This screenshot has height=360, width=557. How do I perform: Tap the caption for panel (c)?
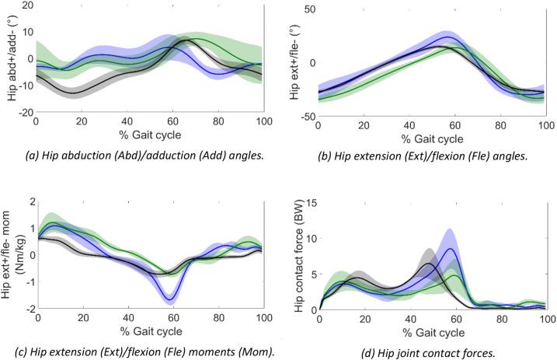147,352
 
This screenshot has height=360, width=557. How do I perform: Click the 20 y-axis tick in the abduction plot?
25,6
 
